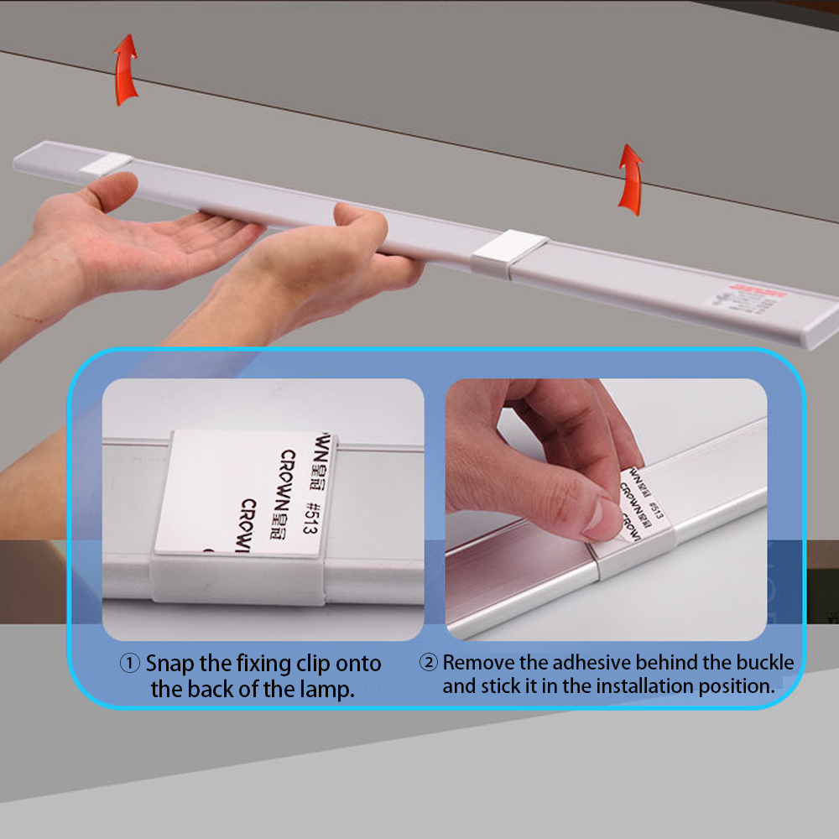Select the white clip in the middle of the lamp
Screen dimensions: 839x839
point(508,250)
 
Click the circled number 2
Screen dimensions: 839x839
point(428,663)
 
